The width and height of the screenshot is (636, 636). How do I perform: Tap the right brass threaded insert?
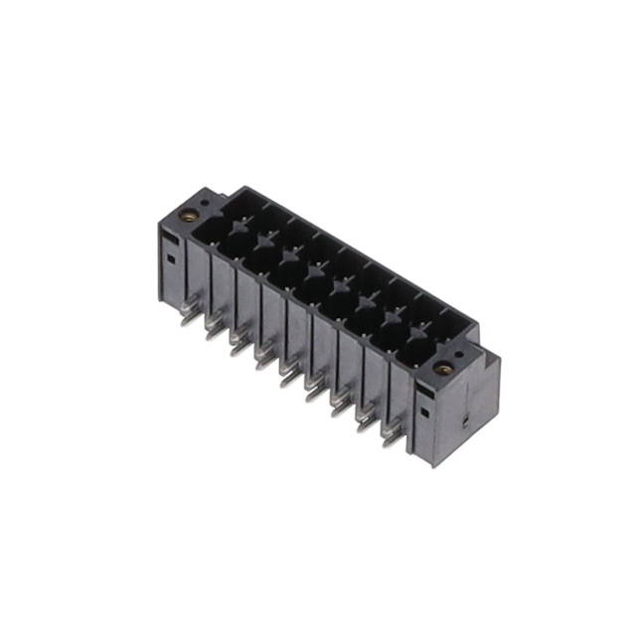(x=440, y=371)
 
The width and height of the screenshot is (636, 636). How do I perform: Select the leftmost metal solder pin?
(x=186, y=315)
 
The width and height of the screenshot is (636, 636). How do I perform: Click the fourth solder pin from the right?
(x=312, y=394)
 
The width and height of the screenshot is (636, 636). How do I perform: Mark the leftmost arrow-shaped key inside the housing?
(x=239, y=228)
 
